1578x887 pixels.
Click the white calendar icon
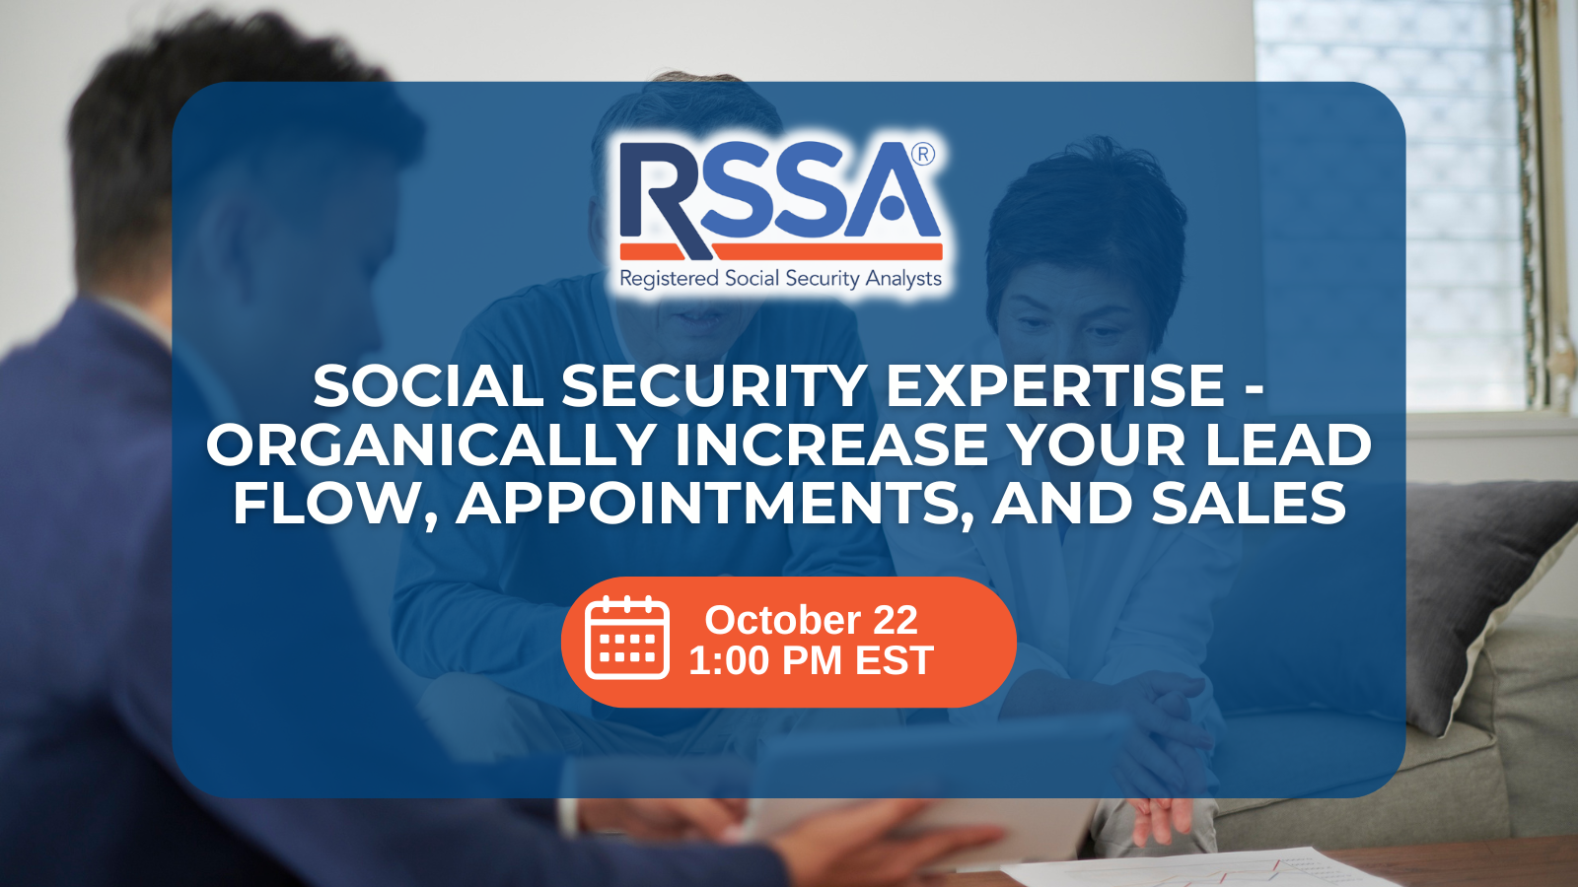tap(627, 638)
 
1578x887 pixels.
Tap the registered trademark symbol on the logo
tap(923, 154)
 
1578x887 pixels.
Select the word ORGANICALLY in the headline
tap(432, 443)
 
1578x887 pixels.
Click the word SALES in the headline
tap(1249, 503)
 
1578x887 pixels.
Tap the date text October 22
tap(811, 620)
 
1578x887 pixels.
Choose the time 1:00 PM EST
tap(811, 660)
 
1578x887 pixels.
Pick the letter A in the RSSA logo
tap(893, 190)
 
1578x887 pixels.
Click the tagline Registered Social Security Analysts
tap(780, 279)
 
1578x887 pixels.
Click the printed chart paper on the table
tap(1197, 869)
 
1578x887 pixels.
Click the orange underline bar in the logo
tap(781, 251)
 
